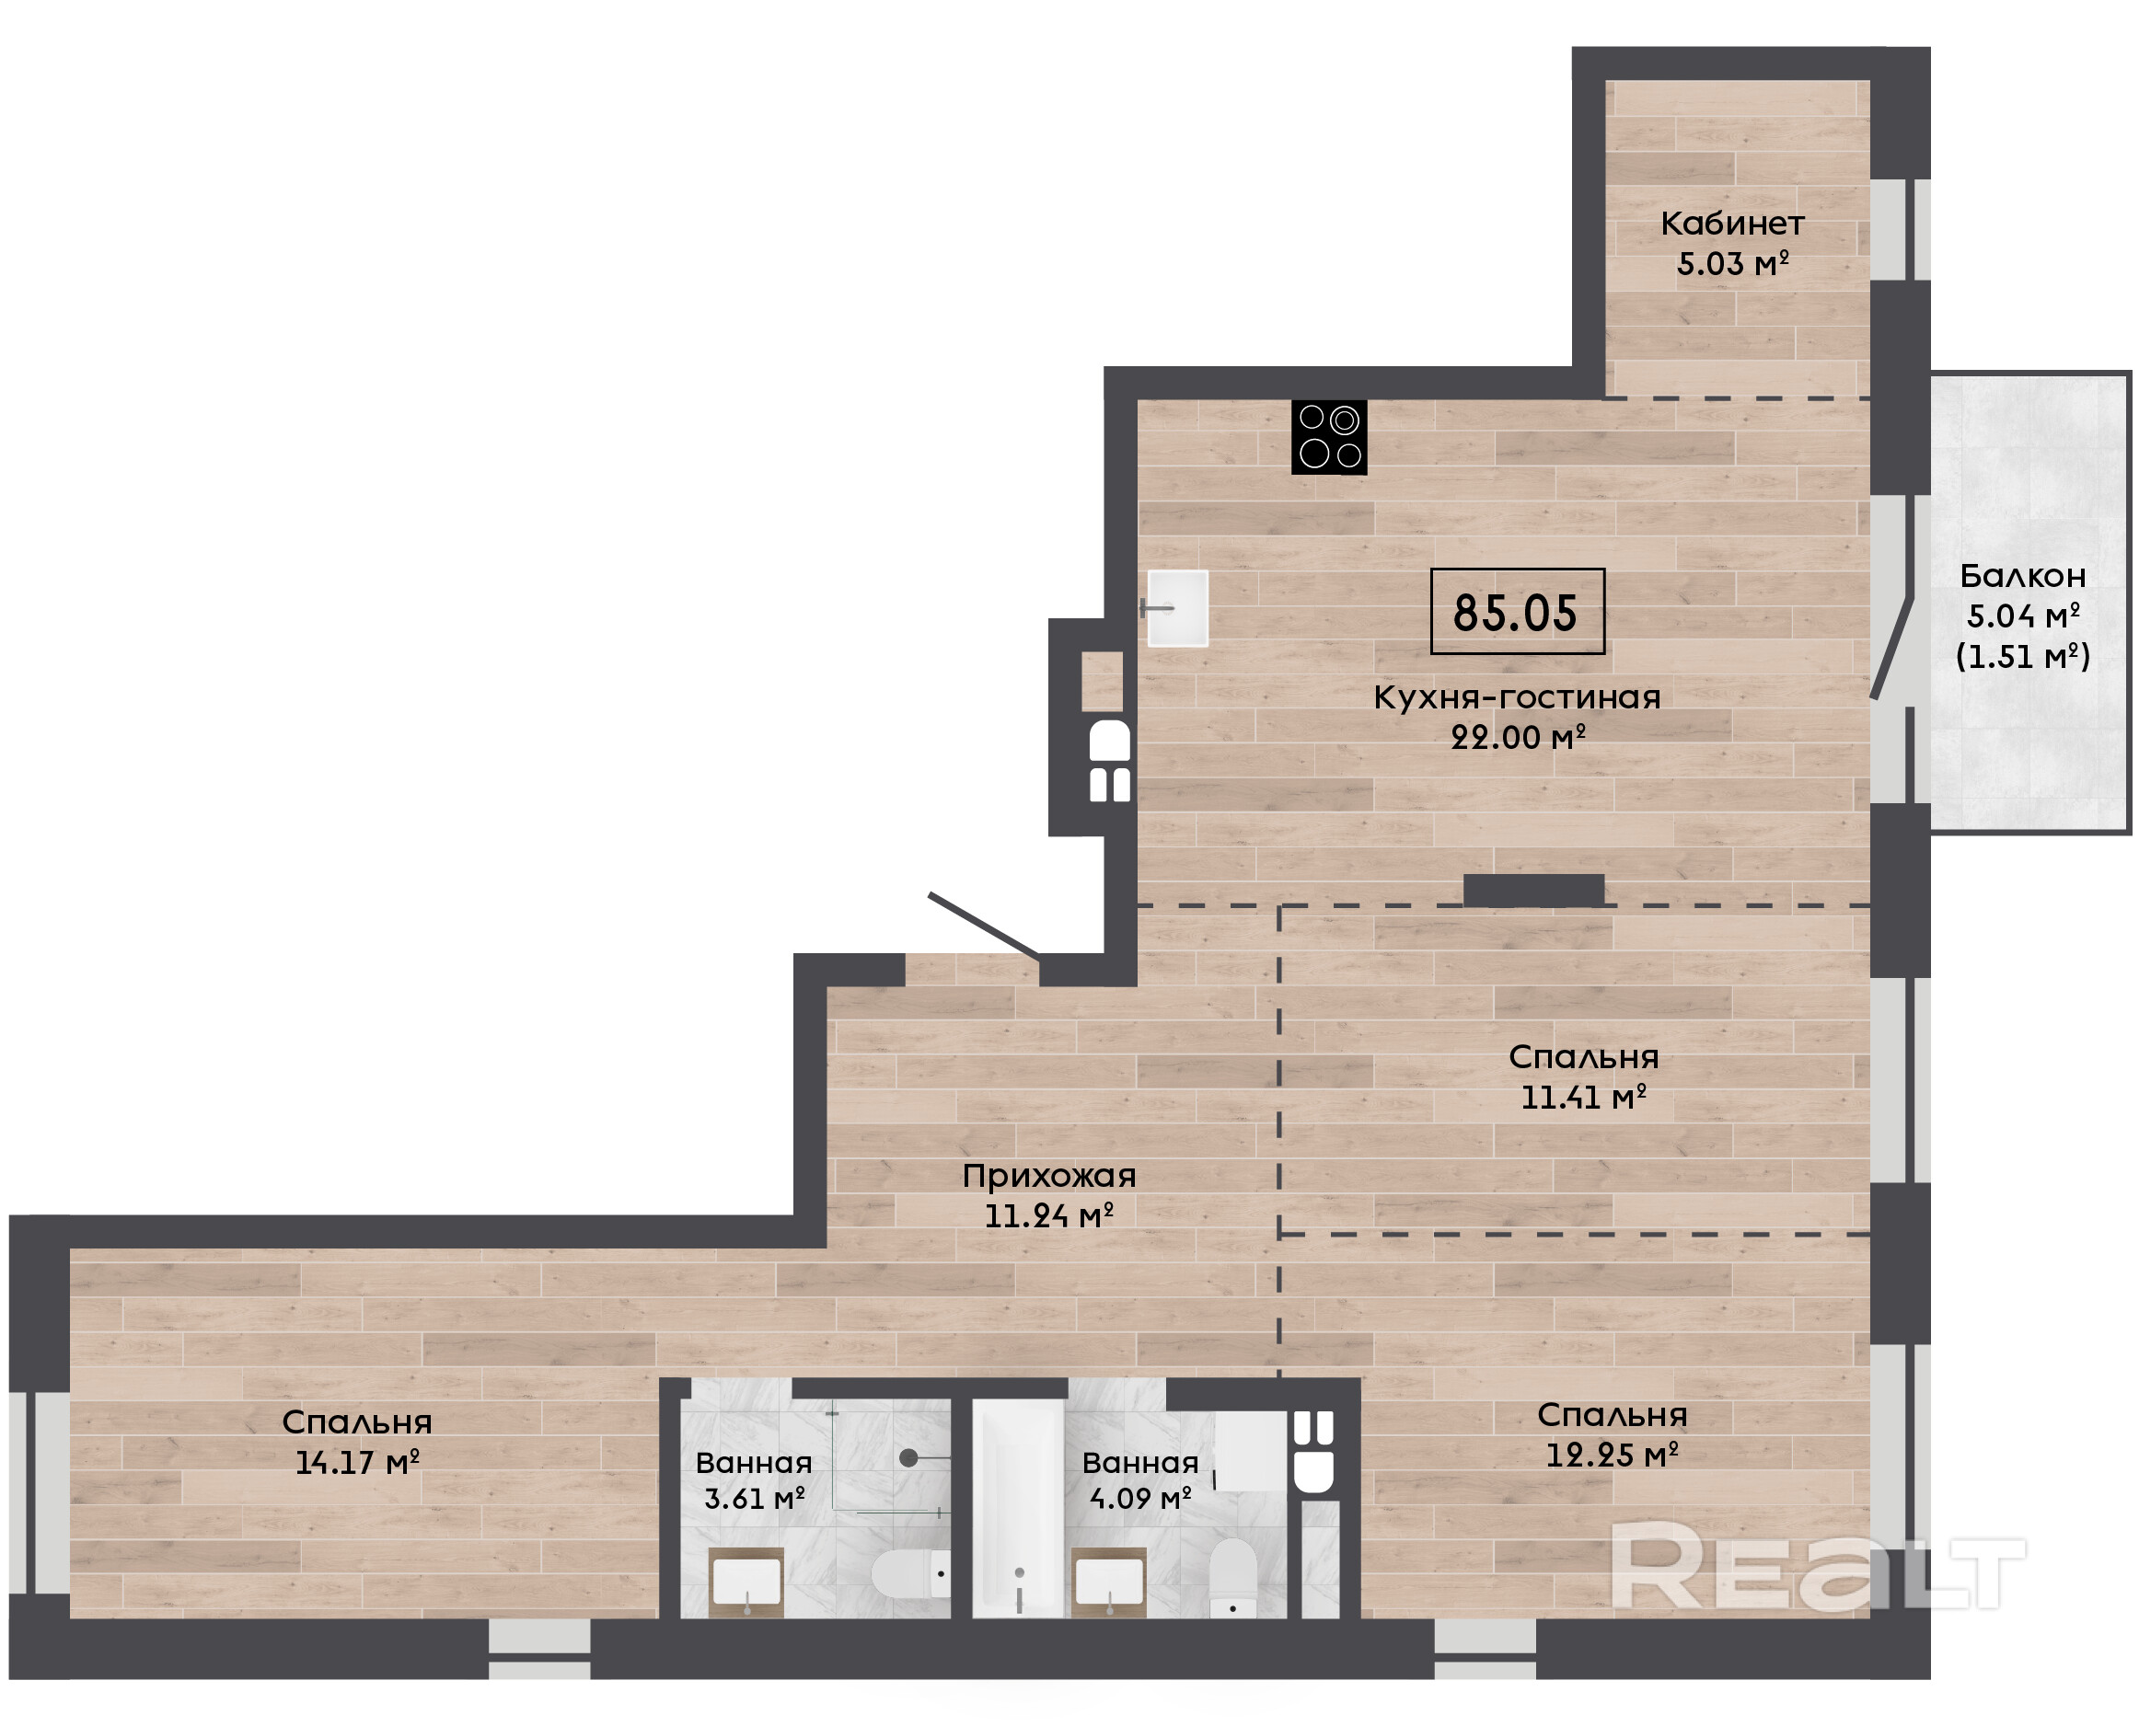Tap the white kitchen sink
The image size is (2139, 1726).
point(1177,608)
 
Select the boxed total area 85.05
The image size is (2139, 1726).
point(1517,612)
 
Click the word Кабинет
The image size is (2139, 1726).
point(1732,224)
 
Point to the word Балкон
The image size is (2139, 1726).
point(2023,576)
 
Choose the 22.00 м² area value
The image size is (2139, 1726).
point(1518,737)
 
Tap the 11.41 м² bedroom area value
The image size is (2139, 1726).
point(1583,1098)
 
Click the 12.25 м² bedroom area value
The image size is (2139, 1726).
point(1612,1456)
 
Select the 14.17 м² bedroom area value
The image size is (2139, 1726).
point(357,1463)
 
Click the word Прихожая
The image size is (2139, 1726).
point(1049,1176)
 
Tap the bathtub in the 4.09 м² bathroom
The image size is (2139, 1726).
point(1018,1507)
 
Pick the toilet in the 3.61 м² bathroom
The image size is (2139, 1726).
point(910,1574)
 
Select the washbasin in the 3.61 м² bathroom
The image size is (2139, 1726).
point(746,1581)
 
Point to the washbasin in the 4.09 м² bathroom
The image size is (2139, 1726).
point(1109,1581)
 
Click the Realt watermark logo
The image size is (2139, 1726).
point(1818,1568)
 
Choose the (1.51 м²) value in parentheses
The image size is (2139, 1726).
point(2023,656)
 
